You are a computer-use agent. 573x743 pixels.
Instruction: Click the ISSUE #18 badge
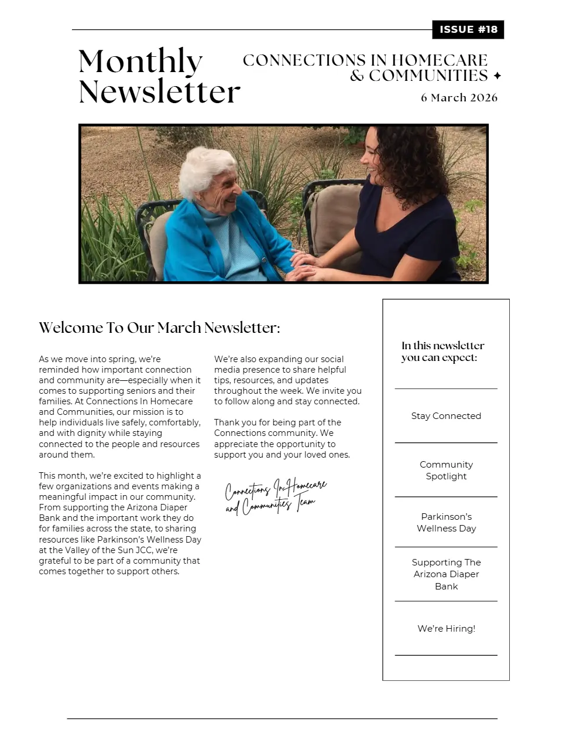tap(468, 30)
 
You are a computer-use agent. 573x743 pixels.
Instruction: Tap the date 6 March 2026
tap(459, 98)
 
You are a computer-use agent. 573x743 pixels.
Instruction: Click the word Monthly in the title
tap(140, 62)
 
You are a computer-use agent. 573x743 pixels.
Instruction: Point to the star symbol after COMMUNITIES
tap(497, 76)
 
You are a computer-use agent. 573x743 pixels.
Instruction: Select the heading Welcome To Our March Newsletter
tap(159, 328)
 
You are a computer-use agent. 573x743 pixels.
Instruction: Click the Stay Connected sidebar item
tap(446, 416)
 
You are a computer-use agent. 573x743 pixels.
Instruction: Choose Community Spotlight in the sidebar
tap(446, 470)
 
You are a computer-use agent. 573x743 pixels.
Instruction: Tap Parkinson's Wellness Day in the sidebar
tap(446, 522)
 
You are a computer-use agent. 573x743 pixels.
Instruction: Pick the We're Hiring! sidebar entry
tap(446, 628)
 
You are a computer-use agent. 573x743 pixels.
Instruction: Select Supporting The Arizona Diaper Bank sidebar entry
tap(446, 574)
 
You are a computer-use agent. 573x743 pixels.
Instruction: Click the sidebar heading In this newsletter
tap(442, 352)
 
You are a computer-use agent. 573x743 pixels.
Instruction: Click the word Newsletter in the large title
tap(159, 92)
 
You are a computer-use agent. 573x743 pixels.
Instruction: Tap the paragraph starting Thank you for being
tap(282, 438)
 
